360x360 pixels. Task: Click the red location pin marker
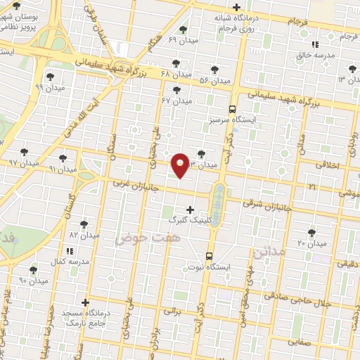[181, 164]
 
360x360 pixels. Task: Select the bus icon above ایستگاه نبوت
[209, 256]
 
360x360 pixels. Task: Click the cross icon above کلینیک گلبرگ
[190, 210]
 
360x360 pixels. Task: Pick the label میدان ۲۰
[312, 243]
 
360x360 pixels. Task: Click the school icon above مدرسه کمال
[69, 250]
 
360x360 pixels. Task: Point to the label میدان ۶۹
[183, 40]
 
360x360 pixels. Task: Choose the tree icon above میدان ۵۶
[214, 70]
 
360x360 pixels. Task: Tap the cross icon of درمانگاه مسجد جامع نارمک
[86, 302]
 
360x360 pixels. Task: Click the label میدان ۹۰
[33, 280]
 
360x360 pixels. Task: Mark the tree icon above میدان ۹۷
[24, 151]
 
